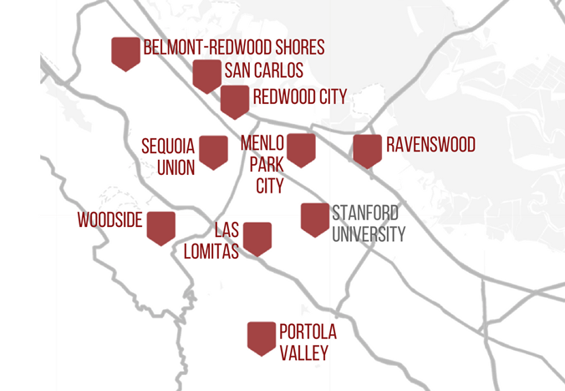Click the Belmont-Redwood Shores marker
[125, 54]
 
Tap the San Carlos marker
[206, 75]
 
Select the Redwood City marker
[235, 100]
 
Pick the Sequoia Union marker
[213, 152]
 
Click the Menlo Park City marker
[301, 149]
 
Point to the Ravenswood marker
[368, 150]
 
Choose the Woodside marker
[160, 227]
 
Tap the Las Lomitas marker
[257, 238]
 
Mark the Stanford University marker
[315, 219]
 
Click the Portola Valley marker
[262, 337]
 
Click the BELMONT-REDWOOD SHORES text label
[234, 48]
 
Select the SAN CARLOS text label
[263, 71]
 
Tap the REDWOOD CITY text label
[299, 98]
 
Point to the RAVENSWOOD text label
[430, 145]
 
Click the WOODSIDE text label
[110, 221]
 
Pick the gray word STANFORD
[365, 213]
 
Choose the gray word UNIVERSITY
[369, 234]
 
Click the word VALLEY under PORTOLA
[303, 353]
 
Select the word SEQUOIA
[168, 147]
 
